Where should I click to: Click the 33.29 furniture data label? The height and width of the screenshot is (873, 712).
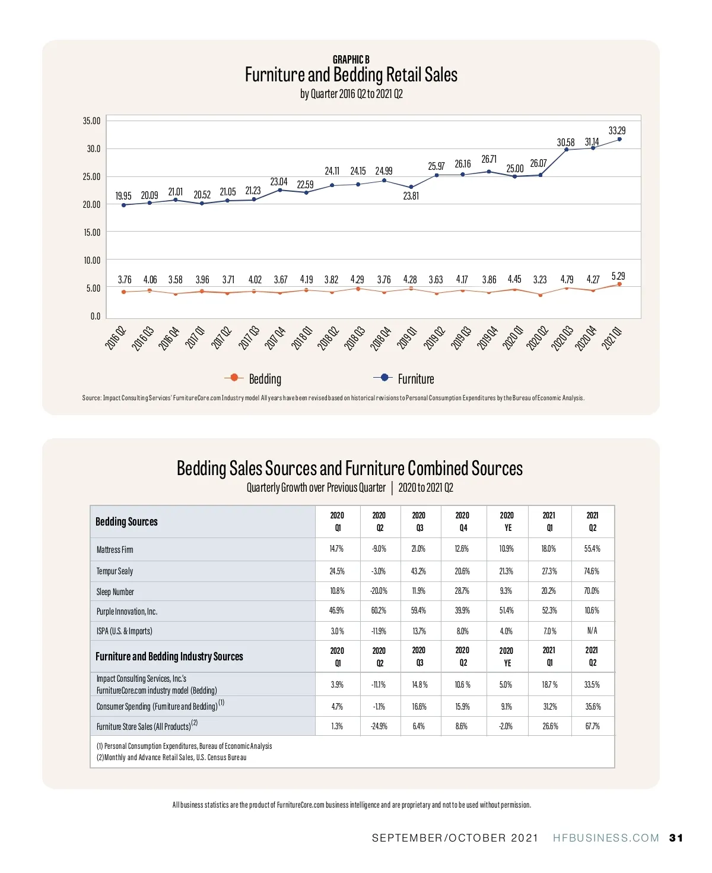click(x=617, y=130)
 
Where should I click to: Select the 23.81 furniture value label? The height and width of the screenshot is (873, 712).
click(x=411, y=195)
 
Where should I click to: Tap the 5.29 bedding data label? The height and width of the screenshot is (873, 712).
click(x=618, y=276)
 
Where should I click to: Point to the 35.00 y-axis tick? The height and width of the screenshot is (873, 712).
click(x=92, y=121)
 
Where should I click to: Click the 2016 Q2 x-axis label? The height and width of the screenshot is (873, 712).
click(x=116, y=338)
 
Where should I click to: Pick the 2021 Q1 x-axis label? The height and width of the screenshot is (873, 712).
click(x=612, y=338)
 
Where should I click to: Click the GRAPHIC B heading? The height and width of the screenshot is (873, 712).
click(x=351, y=59)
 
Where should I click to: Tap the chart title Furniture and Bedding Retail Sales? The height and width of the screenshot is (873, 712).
click(x=351, y=75)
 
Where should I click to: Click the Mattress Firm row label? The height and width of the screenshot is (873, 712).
click(x=115, y=550)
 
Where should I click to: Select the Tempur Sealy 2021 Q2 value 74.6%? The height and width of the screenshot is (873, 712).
click(x=592, y=571)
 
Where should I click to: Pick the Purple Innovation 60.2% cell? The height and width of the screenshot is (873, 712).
click(x=379, y=611)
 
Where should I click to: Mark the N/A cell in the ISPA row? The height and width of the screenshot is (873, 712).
click(x=592, y=631)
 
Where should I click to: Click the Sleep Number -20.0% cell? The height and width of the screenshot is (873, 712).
click(x=379, y=591)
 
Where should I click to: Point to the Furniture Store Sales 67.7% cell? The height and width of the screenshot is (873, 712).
click(x=592, y=726)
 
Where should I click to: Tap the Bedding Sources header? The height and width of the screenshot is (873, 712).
click(x=126, y=521)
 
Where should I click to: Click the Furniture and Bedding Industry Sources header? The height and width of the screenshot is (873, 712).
click(x=169, y=656)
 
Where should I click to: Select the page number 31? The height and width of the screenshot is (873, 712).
click(x=676, y=838)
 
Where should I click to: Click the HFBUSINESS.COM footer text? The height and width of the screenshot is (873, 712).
click(x=606, y=838)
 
